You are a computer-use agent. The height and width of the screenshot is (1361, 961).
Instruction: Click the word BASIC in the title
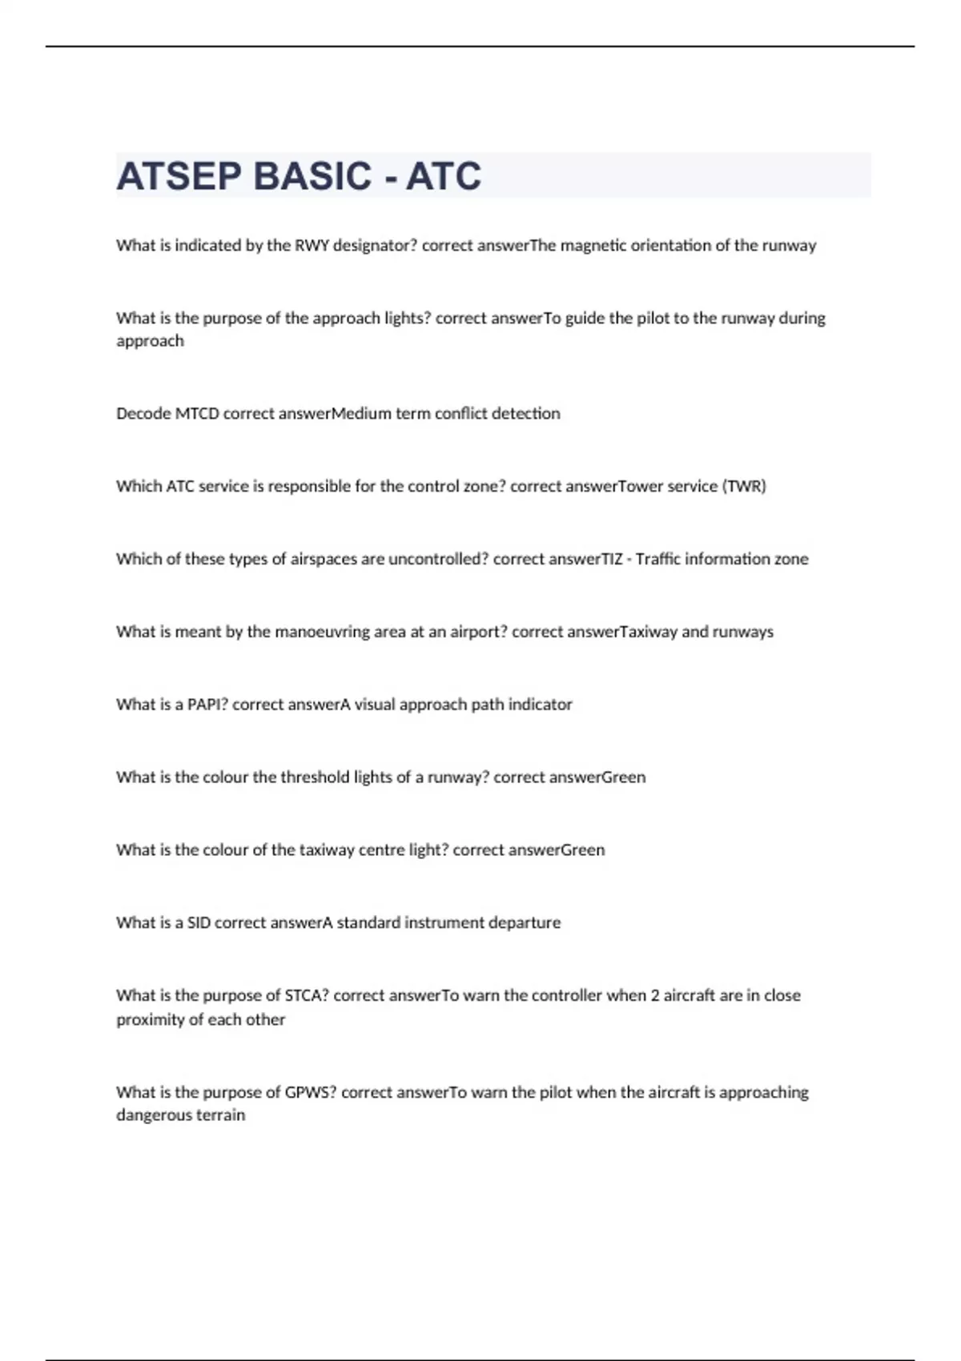click(312, 176)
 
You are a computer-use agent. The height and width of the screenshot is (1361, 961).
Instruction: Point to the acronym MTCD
click(197, 413)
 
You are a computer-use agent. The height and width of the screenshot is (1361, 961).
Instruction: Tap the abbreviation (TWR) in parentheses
click(744, 486)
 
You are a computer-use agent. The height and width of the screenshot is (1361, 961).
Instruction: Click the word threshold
click(316, 777)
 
